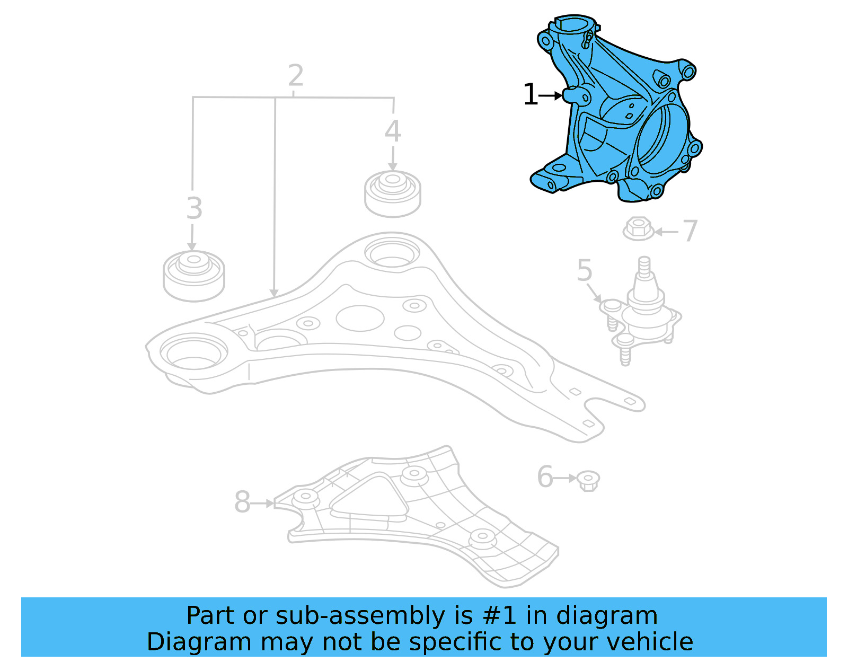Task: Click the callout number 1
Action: point(530,95)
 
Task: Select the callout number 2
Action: point(296,76)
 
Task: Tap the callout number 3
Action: point(195,208)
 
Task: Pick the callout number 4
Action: point(393,131)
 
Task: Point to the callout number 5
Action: point(584,271)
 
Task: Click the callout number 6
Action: point(545,477)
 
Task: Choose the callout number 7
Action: point(690,231)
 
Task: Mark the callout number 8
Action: point(242,502)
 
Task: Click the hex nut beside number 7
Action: point(638,229)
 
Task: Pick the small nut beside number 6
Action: point(588,480)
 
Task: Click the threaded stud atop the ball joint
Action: point(644,267)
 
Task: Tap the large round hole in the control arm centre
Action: point(360,318)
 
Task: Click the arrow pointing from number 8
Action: point(262,503)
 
